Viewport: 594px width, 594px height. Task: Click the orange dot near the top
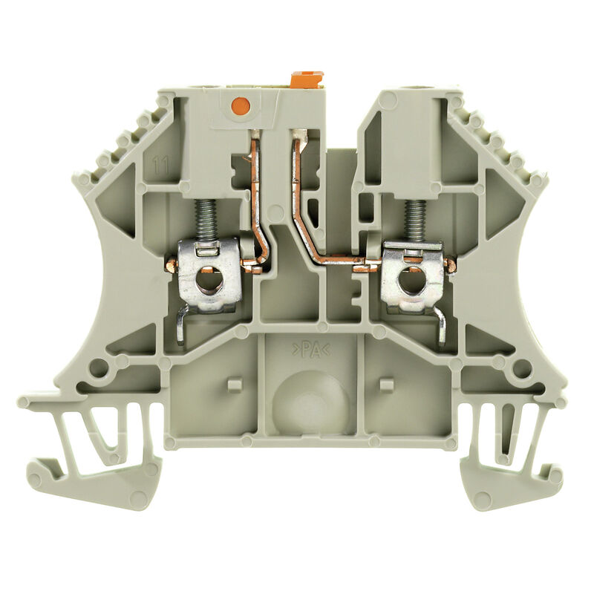tap(238, 106)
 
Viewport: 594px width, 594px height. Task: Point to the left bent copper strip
tap(259, 200)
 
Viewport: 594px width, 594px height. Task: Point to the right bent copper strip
tap(306, 208)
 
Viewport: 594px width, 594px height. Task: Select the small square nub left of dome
tap(235, 384)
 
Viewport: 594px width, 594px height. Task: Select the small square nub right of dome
tap(385, 384)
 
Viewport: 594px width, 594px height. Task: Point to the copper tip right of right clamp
tap(451, 264)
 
